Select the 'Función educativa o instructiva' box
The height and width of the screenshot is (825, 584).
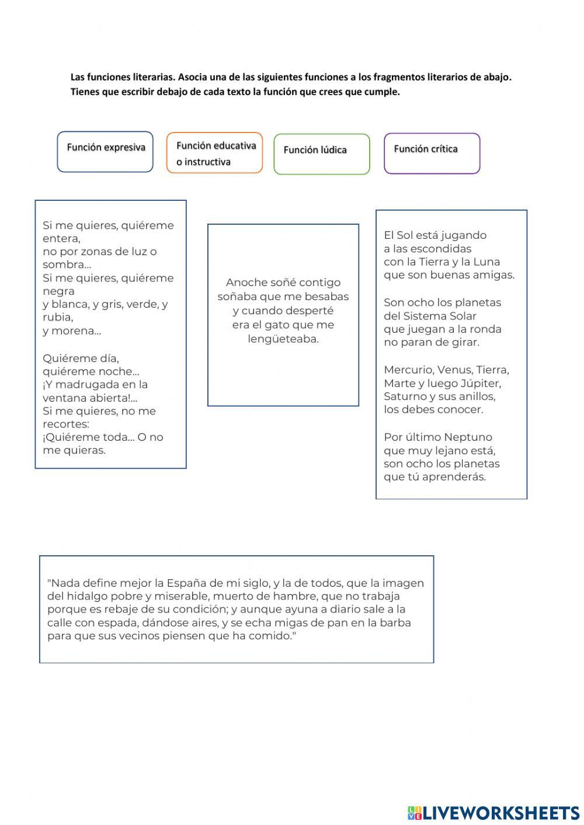point(214,153)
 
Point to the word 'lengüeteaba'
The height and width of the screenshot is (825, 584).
point(283,339)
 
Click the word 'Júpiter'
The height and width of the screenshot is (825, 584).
point(481,384)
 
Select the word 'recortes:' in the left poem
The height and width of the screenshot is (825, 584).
point(66,424)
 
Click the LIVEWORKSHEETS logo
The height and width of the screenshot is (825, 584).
point(493,812)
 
